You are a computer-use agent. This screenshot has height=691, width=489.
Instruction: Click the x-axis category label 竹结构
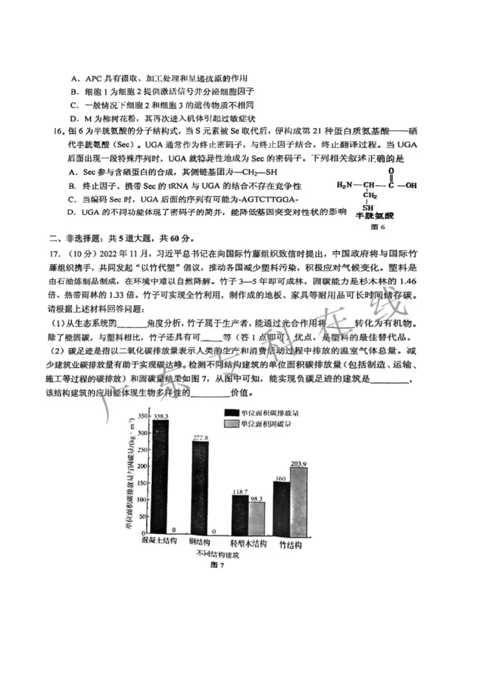pos(290,543)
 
